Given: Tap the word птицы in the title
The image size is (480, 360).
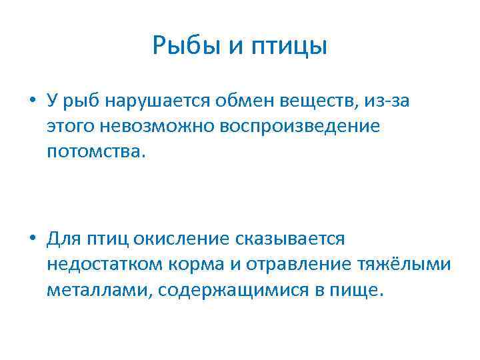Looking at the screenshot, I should tap(290, 46).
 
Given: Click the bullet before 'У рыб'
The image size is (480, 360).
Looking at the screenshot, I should tap(31, 102).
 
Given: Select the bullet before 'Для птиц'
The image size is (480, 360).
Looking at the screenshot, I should tap(31, 239).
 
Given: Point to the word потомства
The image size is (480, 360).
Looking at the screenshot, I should tap(94, 151).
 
